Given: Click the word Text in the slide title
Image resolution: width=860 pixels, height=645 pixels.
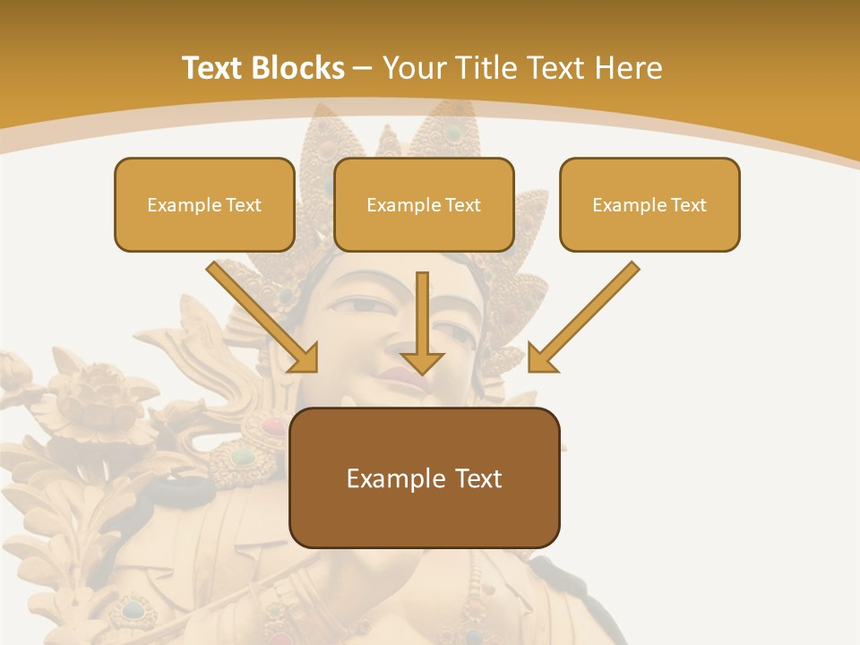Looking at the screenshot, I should pos(212,68).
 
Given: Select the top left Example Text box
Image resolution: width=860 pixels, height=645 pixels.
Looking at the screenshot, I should pos(204,204).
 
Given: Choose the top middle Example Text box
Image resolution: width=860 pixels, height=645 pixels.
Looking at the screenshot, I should pos(424,204).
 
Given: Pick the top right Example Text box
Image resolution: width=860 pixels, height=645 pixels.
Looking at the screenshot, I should pos(649,204).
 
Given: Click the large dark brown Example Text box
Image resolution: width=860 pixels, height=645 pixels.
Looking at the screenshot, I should pos(424,477).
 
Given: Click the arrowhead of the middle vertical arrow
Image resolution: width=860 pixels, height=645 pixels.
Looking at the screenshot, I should pos(422,362).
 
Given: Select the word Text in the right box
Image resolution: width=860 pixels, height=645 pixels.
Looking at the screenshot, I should pos(688,205).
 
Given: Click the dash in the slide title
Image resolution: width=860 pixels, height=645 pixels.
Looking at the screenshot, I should pos(364,69).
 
